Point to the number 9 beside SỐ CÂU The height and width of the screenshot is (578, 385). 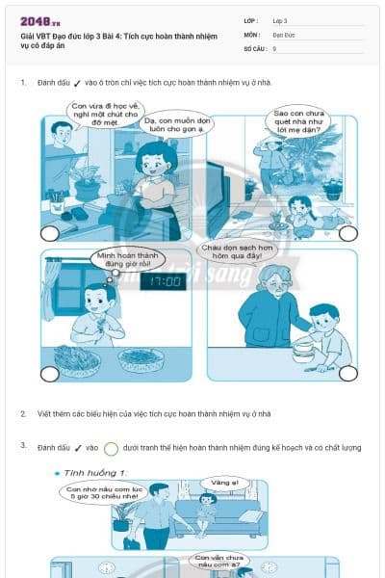tap(275, 48)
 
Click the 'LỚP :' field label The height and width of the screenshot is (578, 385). tap(252, 20)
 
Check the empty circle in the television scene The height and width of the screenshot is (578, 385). tap(50, 233)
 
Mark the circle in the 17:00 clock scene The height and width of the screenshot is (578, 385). tap(50, 373)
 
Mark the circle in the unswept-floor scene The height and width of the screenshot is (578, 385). tap(347, 233)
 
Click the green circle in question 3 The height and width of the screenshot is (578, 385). tap(111, 448)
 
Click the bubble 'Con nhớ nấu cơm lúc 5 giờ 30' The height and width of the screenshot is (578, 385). tap(97, 493)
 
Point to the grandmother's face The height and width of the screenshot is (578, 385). tap(264, 280)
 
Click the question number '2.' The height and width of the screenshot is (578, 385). tap(23, 413)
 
